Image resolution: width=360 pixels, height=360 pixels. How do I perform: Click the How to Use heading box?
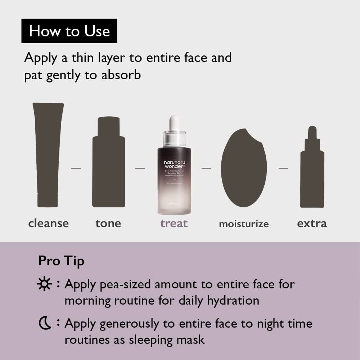click(x=69, y=31)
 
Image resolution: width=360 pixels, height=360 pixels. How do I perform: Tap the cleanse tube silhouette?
click(x=48, y=155)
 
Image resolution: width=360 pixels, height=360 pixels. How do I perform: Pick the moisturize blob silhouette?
click(x=244, y=167)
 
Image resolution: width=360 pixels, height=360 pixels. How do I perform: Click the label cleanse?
click(x=48, y=223)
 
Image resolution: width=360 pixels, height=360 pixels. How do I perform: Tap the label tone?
click(x=108, y=223)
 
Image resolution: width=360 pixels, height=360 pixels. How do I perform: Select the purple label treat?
click(x=174, y=223)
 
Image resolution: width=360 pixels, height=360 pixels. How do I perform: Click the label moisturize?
click(x=244, y=224)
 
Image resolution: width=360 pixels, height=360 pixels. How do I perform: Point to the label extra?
click(x=312, y=223)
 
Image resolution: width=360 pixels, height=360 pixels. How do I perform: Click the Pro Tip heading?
click(x=61, y=261)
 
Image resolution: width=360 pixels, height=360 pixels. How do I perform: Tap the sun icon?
click(x=44, y=284)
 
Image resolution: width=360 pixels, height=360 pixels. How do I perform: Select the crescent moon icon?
click(x=44, y=324)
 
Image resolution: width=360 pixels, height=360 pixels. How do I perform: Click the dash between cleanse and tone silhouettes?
click(x=76, y=168)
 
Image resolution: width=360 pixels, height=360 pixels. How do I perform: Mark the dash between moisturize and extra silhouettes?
click(x=283, y=168)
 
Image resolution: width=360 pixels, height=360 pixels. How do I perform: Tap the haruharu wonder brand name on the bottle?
click(x=174, y=165)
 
